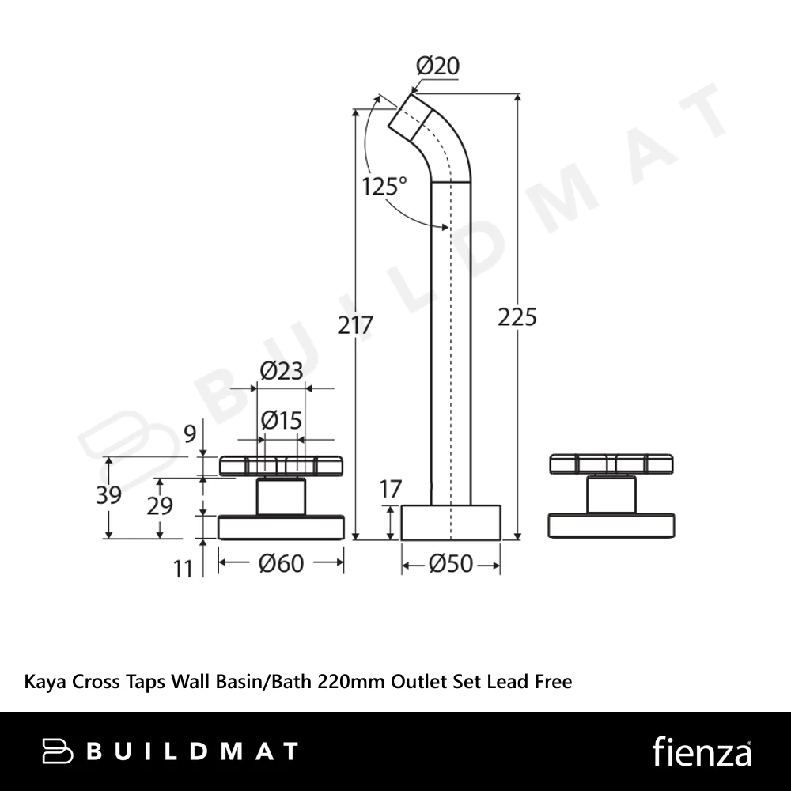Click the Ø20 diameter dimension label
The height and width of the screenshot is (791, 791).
(437, 66)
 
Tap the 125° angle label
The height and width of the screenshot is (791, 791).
(384, 187)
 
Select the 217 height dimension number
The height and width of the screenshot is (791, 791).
(355, 325)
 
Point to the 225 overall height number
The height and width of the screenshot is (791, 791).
(517, 318)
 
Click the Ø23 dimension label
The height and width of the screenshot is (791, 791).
(282, 371)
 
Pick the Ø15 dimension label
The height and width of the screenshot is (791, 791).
(282, 420)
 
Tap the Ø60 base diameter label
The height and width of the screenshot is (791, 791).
(281, 563)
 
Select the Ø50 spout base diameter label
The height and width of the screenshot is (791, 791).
(451, 564)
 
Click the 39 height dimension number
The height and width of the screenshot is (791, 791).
(108, 495)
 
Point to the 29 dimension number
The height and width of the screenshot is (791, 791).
(160, 505)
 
